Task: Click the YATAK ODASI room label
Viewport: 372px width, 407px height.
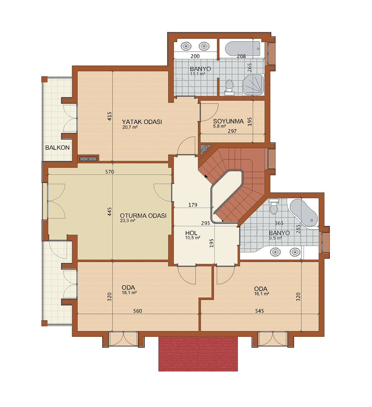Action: point(142,122)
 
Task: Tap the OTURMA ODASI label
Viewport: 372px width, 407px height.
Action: point(143,216)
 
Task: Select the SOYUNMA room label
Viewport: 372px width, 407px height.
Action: point(228,121)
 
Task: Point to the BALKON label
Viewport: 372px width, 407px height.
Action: point(57,147)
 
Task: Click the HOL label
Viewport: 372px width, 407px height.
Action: point(191,233)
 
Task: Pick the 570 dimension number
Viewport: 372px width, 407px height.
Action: point(109,172)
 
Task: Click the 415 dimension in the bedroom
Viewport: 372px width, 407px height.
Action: point(109,116)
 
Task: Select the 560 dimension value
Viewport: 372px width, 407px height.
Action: point(138,311)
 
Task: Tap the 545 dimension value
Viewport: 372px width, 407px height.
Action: point(259,311)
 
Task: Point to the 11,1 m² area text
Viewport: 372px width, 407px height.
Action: point(197,74)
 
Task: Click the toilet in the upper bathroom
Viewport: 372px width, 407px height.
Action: point(229,87)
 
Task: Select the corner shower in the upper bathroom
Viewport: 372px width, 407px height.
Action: point(254,85)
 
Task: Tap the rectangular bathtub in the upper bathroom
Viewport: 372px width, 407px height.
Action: point(243,49)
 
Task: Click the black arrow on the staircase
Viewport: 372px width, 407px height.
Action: point(206,176)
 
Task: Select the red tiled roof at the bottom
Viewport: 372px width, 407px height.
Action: point(198,354)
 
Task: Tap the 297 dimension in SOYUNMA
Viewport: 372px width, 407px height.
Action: point(232,131)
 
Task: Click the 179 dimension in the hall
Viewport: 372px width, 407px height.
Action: point(193,205)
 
